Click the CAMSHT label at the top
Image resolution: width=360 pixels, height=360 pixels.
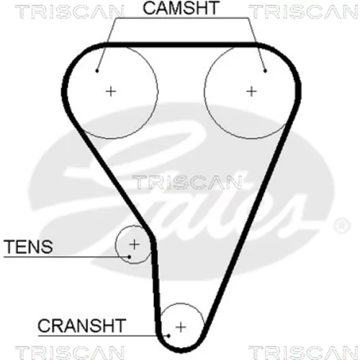click(181, 8)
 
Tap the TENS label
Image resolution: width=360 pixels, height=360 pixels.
click(28, 246)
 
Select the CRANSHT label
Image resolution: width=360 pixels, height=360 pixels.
click(82, 325)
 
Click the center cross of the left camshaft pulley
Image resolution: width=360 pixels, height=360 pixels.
click(111, 91)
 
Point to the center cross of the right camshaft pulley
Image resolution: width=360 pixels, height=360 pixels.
click(252, 91)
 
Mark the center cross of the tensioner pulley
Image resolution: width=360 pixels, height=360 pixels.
click(135, 244)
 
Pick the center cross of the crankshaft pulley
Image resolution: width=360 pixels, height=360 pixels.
click(181, 327)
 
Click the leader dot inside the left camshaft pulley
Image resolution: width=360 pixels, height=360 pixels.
click(97, 71)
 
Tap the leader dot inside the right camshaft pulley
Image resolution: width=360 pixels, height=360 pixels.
click(265, 71)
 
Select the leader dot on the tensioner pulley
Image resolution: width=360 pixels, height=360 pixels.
click(130, 257)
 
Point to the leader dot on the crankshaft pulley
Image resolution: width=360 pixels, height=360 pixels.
click(168, 336)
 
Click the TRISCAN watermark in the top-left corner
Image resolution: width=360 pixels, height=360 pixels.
click(69, 12)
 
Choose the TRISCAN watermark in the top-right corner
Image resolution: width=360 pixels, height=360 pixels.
click(303, 12)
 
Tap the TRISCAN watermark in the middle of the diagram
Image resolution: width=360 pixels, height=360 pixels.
click(186, 182)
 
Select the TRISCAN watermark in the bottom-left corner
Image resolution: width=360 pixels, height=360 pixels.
click(69, 352)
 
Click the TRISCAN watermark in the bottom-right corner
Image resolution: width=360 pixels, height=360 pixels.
click(303, 352)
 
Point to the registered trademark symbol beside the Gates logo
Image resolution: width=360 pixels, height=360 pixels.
click(342, 225)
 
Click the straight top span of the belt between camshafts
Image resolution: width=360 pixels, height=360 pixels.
click(181, 45)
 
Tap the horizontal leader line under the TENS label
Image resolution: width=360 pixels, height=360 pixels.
click(66, 257)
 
